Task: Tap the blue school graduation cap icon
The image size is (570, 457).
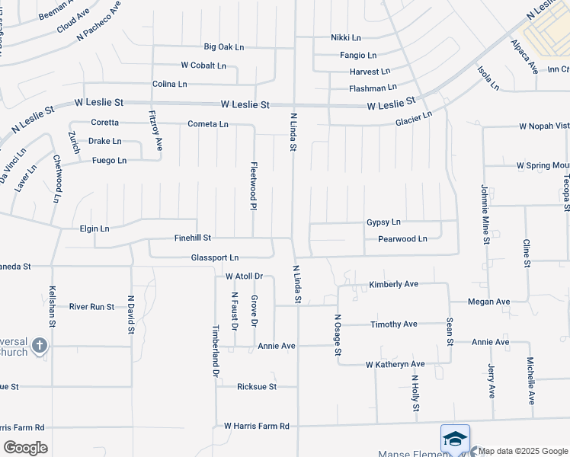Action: pyautogui.click(x=454, y=439)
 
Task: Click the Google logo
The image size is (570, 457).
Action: pyautogui.click(x=25, y=448)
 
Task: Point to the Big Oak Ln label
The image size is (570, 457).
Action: pyautogui.click(x=223, y=47)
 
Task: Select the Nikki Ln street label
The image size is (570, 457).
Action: pyautogui.click(x=350, y=37)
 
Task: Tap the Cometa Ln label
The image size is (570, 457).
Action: pyautogui.click(x=208, y=124)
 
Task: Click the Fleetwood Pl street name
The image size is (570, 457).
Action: pyautogui.click(x=254, y=184)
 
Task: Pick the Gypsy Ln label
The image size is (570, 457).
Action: pyautogui.click(x=383, y=222)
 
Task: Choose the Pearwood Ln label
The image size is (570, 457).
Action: pyautogui.click(x=402, y=239)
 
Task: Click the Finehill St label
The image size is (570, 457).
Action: pyautogui.click(x=192, y=238)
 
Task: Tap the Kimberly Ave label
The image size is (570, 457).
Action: pyautogui.click(x=394, y=284)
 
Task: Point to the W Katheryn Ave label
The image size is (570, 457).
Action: pyautogui.click(x=395, y=365)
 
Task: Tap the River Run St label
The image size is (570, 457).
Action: pyautogui.click(x=91, y=307)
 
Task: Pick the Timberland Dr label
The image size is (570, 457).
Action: pyautogui.click(x=216, y=353)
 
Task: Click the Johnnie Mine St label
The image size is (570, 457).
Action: pyautogui.click(x=485, y=214)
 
